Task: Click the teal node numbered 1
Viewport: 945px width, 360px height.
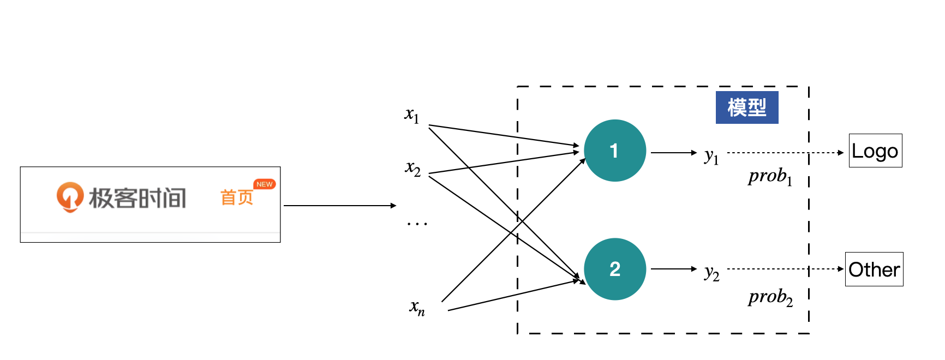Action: coord(615,151)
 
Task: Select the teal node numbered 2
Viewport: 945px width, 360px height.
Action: coord(615,269)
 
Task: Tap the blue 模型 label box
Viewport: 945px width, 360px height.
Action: coord(747,107)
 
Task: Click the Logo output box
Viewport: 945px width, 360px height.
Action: coord(875,151)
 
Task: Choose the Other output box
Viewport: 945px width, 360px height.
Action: coord(874,269)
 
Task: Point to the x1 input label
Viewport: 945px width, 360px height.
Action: coord(412,115)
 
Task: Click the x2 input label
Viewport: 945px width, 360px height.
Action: coord(413,168)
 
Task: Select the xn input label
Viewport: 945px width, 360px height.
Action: coord(417,307)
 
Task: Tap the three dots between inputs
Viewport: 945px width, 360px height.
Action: coord(417,224)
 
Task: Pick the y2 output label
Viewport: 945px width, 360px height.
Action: coord(711,272)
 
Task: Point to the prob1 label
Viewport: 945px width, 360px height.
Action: coord(770,176)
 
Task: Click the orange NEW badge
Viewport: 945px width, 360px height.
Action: coord(265,184)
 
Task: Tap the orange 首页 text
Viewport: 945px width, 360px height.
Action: coord(237,197)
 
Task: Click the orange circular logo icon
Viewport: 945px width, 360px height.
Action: coord(70,196)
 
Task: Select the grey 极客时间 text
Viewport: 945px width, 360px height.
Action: coord(137,198)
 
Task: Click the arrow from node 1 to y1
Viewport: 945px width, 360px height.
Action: coord(674,153)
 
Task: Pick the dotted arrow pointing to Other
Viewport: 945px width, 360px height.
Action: coord(785,269)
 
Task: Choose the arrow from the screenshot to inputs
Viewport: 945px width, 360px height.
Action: coord(339,206)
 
